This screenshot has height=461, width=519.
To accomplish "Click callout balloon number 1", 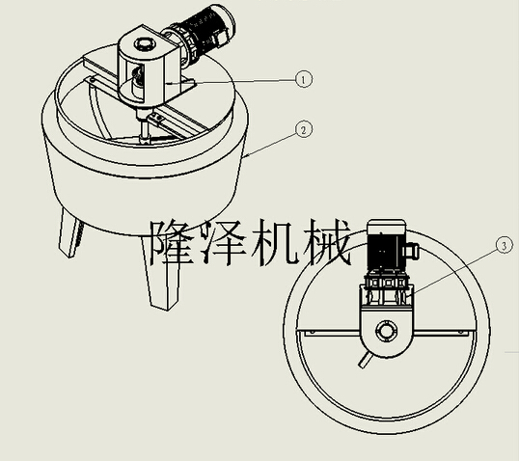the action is point(304,79).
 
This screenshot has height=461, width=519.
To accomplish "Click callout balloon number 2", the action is point(304,129).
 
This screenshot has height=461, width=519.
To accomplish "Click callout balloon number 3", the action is point(505,246).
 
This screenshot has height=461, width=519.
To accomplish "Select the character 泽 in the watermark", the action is point(224,242).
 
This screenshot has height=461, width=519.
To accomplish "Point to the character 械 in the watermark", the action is point(326,242).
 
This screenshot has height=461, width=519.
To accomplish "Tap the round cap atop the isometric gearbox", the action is point(145,44).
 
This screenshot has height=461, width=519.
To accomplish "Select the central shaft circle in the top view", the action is point(386,331).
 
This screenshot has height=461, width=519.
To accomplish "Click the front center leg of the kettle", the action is point(161,271).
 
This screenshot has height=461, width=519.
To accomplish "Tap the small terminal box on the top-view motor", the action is point(413,251).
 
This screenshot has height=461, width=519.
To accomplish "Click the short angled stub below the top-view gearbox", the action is point(365,361).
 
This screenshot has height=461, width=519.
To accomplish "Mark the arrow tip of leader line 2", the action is point(243,157).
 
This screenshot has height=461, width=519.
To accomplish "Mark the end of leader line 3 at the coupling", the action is point(408,295).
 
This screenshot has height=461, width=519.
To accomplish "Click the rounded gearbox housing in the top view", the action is point(387,332).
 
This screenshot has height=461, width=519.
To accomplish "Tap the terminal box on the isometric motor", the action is point(221,38).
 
